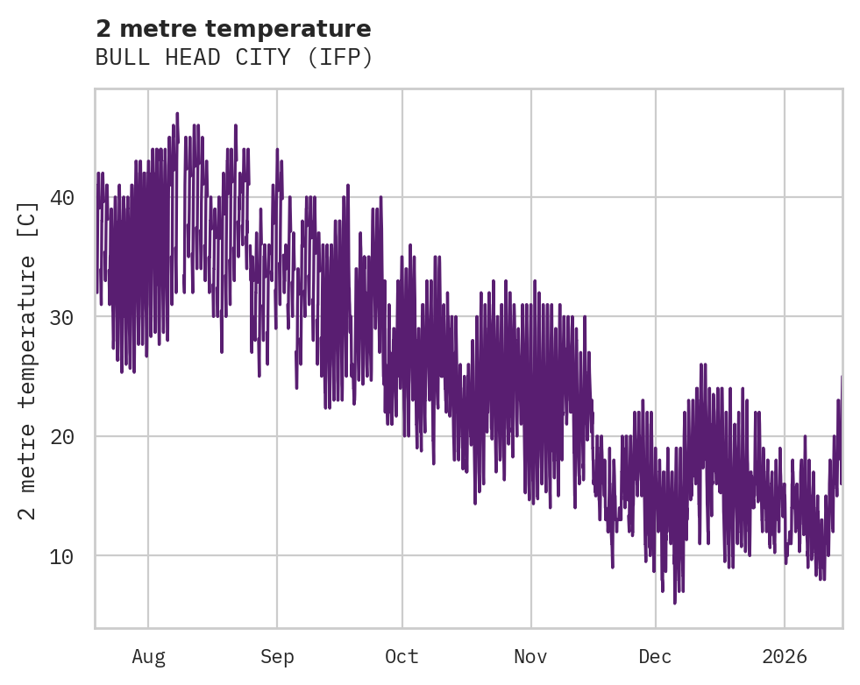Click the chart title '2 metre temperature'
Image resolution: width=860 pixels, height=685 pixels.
pyautogui.click(x=233, y=29)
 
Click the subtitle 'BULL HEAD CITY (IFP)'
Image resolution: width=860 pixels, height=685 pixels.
pyautogui.click(x=234, y=58)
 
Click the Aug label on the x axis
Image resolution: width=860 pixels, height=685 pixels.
pyautogui.click(x=148, y=656)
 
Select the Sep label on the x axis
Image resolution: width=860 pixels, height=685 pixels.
pyautogui.click(x=277, y=656)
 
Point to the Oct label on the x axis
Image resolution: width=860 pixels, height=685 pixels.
pyautogui.click(x=402, y=656)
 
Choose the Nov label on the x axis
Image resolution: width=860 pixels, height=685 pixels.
pyautogui.click(x=530, y=656)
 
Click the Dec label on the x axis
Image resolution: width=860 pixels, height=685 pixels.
pyautogui.click(x=656, y=656)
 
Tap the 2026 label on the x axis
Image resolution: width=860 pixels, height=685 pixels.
pyautogui.click(x=785, y=656)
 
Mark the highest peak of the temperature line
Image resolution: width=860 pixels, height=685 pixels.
pyautogui.click(x=177, y=113)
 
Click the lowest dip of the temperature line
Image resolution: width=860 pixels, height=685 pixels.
pyautogui.click(x=674, y=604)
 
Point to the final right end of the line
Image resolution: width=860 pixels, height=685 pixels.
pyautogui.click(x=842, y=377)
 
